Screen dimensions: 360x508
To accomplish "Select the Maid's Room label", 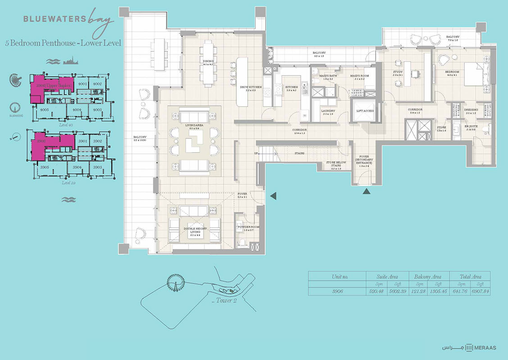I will (x=359, y=76).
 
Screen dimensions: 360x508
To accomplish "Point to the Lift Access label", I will (x=364, y=111).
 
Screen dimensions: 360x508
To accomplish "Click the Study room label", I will (x=398, y=72).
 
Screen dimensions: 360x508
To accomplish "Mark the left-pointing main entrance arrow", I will (x=273, y=195).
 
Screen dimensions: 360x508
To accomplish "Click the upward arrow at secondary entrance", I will (x=367, y=192).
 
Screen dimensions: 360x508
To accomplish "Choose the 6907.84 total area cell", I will (x=481, y=292).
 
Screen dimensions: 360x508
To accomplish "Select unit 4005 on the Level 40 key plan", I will (x=44, y=109).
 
